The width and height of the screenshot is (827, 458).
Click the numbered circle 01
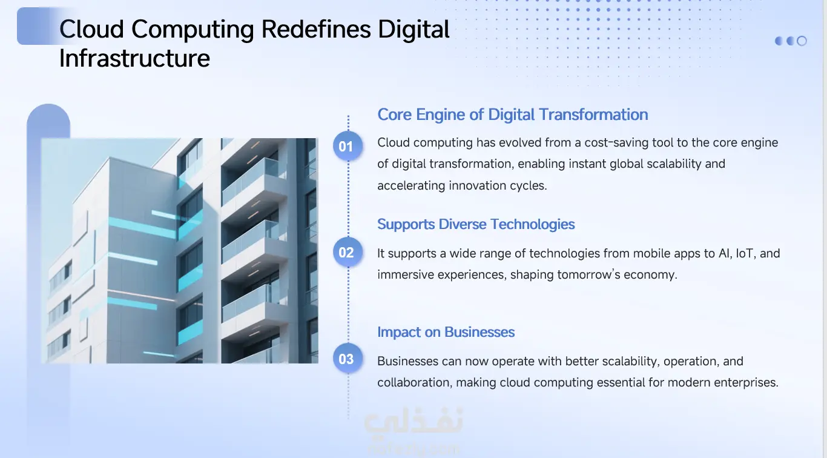pos(348,146)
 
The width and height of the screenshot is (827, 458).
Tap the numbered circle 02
pos(348,252)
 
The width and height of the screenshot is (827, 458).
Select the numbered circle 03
pos(348,358)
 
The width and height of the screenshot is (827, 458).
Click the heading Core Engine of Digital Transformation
pos(512,115)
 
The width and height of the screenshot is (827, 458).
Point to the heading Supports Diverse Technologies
pos(476,225)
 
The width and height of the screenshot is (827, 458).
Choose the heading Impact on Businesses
pos(446,332)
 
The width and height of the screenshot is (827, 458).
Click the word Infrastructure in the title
pos(134,58)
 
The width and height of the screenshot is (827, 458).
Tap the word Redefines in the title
pos(315,30)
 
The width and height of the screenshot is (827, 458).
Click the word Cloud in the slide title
pos(91,30)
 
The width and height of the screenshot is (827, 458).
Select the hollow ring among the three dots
pos(802,41)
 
